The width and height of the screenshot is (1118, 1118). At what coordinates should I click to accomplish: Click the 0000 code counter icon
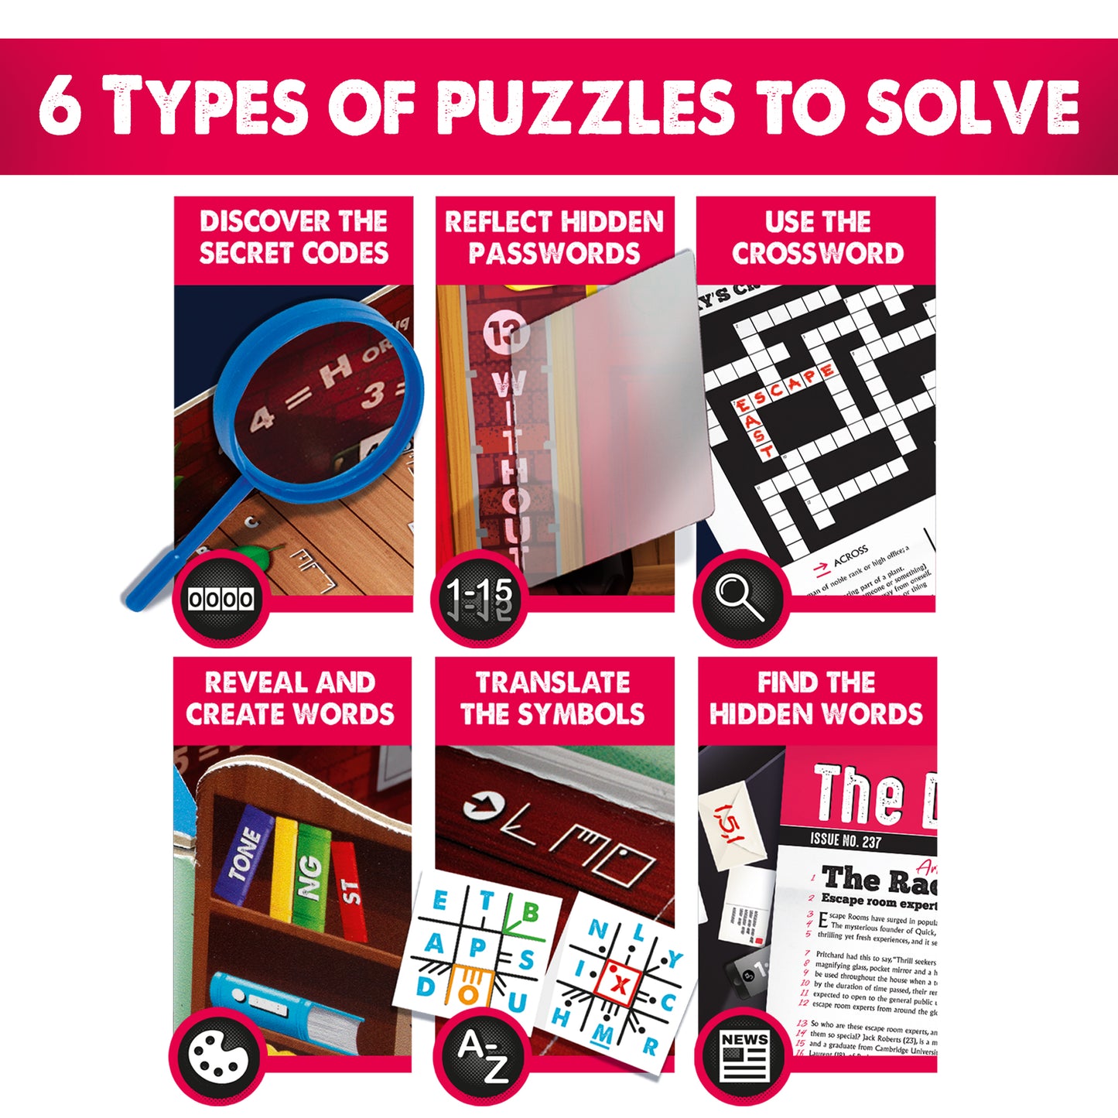(221, 598)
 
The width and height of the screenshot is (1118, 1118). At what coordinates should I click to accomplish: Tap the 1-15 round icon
(480, 598)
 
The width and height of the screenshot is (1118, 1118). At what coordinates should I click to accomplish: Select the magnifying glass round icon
(741, 598)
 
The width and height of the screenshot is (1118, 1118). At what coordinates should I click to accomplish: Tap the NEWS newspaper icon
(743, 1057)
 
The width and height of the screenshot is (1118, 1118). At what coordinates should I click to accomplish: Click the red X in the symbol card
(619, 985)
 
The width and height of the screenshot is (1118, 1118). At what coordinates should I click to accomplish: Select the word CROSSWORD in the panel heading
(817, 254)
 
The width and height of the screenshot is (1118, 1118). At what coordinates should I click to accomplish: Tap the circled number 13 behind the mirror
(507, 333)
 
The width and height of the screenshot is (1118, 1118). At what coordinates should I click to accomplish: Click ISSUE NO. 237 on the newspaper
(845, 841)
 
